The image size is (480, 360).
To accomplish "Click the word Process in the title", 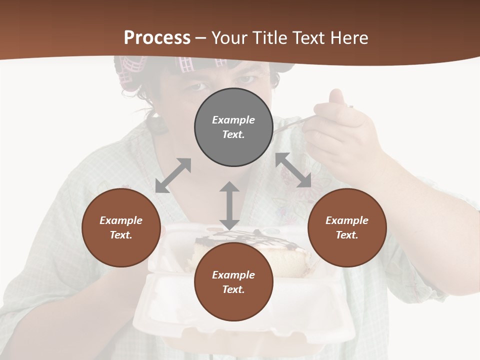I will tap(157, 38).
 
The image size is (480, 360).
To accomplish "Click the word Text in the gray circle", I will tap(233, 134).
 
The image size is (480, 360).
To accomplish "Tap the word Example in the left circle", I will tap(121, 220).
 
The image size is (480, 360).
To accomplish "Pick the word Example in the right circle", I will tap(347, 220).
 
